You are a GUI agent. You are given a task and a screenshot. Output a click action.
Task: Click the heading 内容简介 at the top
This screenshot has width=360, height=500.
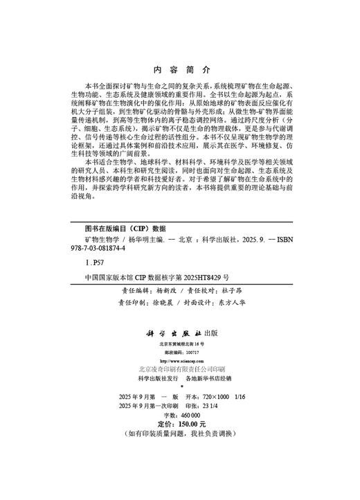pos(179,71)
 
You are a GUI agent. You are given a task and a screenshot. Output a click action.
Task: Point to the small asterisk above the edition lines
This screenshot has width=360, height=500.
pos(179,386)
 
